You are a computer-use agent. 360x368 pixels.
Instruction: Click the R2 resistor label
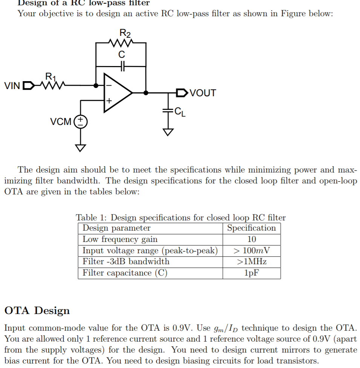click(x=125, y=33)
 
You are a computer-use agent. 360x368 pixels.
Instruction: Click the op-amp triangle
click(x=117, y=93)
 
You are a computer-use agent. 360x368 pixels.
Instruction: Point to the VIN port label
click(x=12, y=86)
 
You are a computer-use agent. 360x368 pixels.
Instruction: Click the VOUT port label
click(x=203, y=93)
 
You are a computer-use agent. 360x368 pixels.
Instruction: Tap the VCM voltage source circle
click(x=80, y=122)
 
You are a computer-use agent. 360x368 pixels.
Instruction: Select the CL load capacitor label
click(x=181, y=112)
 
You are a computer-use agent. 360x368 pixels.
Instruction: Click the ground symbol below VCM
click(x=80, y=147)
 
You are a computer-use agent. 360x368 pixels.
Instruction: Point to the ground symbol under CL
click(x=168, y=132)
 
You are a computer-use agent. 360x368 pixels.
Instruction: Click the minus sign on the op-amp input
click(x=109, y=85)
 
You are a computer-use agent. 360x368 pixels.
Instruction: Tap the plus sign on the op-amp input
click(x=109, y=101)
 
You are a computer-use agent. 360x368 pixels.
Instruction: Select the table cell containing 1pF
click(x=251, y=273)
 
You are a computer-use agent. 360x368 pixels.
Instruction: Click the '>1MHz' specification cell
click(x=251, y=262)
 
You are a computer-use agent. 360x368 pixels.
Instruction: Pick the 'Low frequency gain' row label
click(x=120, y=239)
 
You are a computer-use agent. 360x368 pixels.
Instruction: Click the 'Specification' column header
click(x=251, y=228)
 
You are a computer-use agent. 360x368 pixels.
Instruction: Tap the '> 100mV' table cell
click(x=251, y=250)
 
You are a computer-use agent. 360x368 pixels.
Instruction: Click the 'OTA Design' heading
click(x=37, y=311)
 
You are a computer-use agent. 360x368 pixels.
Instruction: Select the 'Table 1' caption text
click(x=181, y=218)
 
